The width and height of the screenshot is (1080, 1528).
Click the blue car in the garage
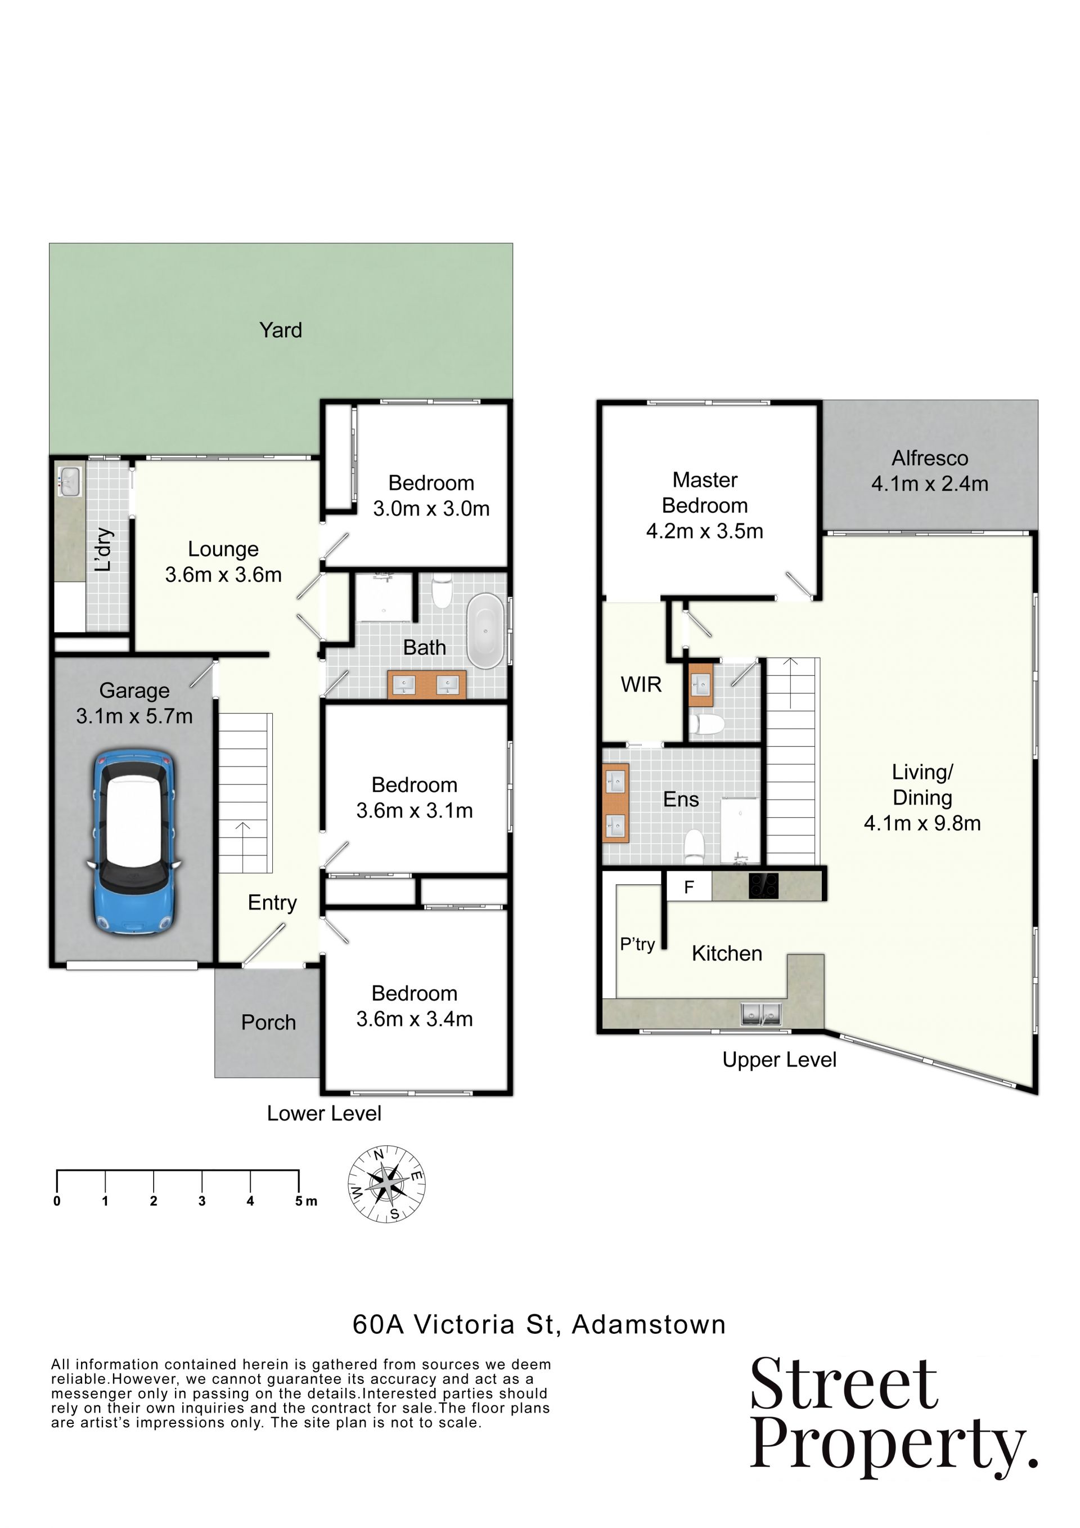[134, 843]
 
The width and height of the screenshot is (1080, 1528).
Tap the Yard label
[281, 330]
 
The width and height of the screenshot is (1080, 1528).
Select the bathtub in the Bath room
[485, 630]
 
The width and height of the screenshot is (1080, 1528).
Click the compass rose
[387, 1184]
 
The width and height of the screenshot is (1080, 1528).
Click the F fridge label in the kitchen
[689, 886]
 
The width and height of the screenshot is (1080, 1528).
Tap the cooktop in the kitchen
[763, 885]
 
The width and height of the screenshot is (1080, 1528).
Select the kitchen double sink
[762, 1014]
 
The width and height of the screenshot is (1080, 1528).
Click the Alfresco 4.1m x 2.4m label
[930, 471]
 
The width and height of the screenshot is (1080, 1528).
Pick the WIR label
[641, 684]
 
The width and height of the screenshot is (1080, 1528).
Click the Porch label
[269, 1022]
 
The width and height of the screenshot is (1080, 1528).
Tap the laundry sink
[70, 481]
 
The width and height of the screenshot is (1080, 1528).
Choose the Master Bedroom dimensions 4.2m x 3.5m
[705, 531]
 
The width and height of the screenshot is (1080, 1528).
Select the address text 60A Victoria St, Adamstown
[539, 1324]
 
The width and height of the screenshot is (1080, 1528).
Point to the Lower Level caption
[324, 1113]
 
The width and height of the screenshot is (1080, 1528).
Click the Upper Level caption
[780, 1060]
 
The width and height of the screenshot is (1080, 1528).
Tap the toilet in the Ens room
[694, 846]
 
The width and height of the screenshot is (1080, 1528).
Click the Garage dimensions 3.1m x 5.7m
[134, 716]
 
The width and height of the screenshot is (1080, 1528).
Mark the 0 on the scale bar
[57, 1201]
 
